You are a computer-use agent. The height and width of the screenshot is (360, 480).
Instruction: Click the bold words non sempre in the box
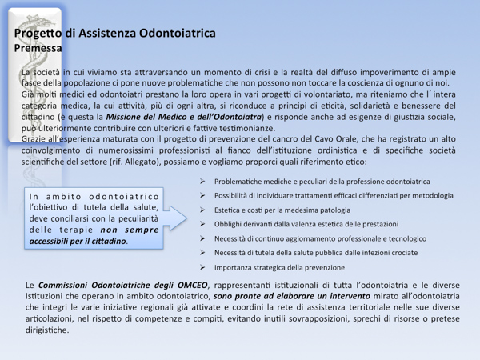(x=129, y=229)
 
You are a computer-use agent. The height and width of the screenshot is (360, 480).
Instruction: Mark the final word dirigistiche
(x=47, y=330)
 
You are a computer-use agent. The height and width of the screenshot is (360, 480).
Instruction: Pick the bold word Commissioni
(x=71, y=284)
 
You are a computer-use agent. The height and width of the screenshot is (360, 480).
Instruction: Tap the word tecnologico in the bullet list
(x=405, y=238)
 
